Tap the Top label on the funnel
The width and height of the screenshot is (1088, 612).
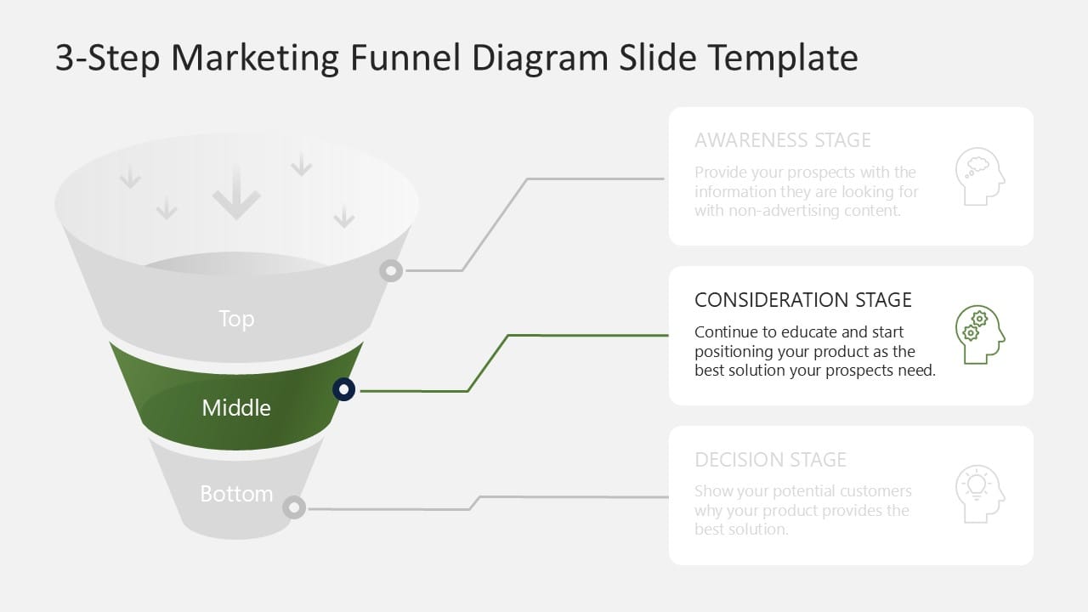tap(236, 319)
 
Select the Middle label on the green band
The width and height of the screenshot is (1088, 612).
tap(236, 408)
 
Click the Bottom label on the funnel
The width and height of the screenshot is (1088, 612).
tap(236, 494)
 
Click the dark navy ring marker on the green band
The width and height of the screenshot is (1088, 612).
tap(343, 390)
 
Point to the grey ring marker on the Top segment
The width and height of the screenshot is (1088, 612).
tap(391, 271)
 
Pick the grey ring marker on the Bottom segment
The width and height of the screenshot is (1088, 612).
tap(294, 508)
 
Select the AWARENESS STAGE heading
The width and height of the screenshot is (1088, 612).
tap(782, 140)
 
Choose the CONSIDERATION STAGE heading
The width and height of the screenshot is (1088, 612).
tap(802, 300)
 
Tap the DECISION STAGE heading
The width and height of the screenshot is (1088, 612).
tap(770, 460)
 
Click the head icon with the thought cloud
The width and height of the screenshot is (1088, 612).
tap(979, 177)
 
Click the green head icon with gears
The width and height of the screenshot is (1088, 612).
tap(979, 335)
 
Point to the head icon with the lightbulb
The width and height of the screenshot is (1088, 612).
tap(979, 494)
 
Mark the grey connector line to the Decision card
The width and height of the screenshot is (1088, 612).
tap(569, 496)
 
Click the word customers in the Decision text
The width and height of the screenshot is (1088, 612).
tap(875, 491)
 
